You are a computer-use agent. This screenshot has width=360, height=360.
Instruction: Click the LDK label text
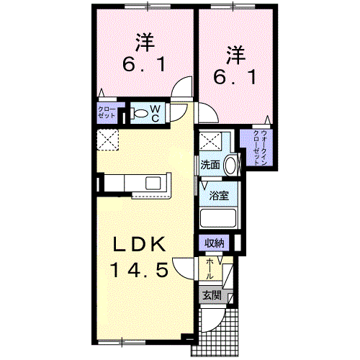[140, 244]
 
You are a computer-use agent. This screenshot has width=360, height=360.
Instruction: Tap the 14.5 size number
[139, 269]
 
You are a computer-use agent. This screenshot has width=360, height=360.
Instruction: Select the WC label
[156, 114]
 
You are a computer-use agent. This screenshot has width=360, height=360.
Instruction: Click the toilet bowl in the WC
[140, 114]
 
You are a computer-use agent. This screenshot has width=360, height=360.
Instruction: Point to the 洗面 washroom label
[210, 165]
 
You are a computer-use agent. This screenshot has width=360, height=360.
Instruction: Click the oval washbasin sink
[230, 165]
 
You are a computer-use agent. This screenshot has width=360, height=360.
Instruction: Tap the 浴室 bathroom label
[219, 196]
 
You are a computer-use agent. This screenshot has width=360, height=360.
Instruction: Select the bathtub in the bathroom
[218, 218]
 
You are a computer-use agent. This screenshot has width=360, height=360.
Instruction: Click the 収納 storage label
[214, 243]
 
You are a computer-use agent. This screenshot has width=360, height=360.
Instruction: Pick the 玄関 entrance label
[212, 296]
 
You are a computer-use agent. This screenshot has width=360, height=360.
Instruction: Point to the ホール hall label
[210, 269]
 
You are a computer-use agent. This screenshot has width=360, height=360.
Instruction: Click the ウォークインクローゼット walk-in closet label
[260, 148]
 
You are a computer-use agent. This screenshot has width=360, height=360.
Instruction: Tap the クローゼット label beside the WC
[107, 112]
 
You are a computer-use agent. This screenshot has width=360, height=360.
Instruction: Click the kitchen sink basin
[153, 184]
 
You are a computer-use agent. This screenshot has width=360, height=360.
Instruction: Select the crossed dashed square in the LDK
[107, 140]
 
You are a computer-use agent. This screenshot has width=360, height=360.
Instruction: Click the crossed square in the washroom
[210, 142]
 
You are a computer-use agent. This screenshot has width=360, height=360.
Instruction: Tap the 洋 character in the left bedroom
[145, 42]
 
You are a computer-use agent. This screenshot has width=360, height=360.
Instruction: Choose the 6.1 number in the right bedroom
[235, 77]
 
